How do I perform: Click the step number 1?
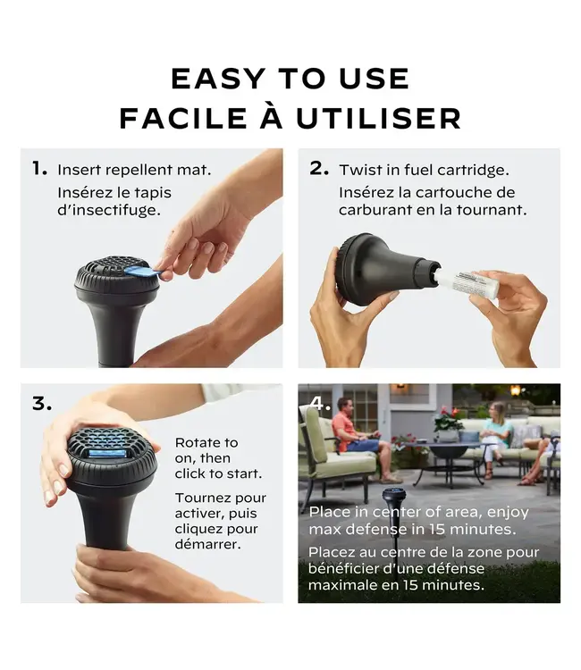coord(39,168)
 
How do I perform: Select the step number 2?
coord(319,168)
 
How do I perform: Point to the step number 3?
coord(42,404)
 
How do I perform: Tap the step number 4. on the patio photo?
coord(320,404)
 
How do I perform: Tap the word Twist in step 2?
coord(358,170)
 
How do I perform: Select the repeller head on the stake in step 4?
coord(394,495)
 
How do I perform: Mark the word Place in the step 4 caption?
coord(329,513)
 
